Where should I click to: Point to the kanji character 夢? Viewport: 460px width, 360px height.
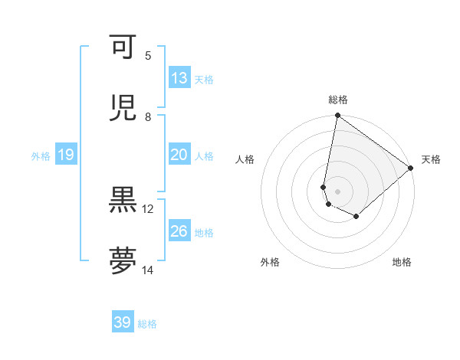(x=123, y=261)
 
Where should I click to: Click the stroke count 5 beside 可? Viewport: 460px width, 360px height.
(x=148, y=56)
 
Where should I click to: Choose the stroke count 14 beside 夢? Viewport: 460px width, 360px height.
(x=148, y=270)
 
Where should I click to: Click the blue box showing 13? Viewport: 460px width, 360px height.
(x=179, y=78)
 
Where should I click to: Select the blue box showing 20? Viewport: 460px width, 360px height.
(x=179, y=155)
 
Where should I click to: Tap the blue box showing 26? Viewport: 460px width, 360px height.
(x=179, y=231)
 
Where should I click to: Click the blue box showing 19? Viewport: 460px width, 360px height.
(x=65, y=155)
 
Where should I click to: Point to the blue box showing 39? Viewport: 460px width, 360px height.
(x=122, y=322)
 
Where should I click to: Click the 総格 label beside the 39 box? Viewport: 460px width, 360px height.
(x=147, y=324)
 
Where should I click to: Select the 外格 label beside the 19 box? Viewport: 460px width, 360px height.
(x=41, y=156)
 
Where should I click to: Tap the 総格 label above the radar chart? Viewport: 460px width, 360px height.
(x=338, y=100)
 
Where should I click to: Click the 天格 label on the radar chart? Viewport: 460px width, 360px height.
(x=432, y=159)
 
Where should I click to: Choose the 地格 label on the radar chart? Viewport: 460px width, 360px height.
(x=402, y=262)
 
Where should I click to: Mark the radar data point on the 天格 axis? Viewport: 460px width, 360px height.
(x=411, y=168)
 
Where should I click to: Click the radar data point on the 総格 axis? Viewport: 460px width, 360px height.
(x=337, y=116)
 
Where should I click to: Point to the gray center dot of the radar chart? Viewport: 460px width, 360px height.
(x=337, y=191)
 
